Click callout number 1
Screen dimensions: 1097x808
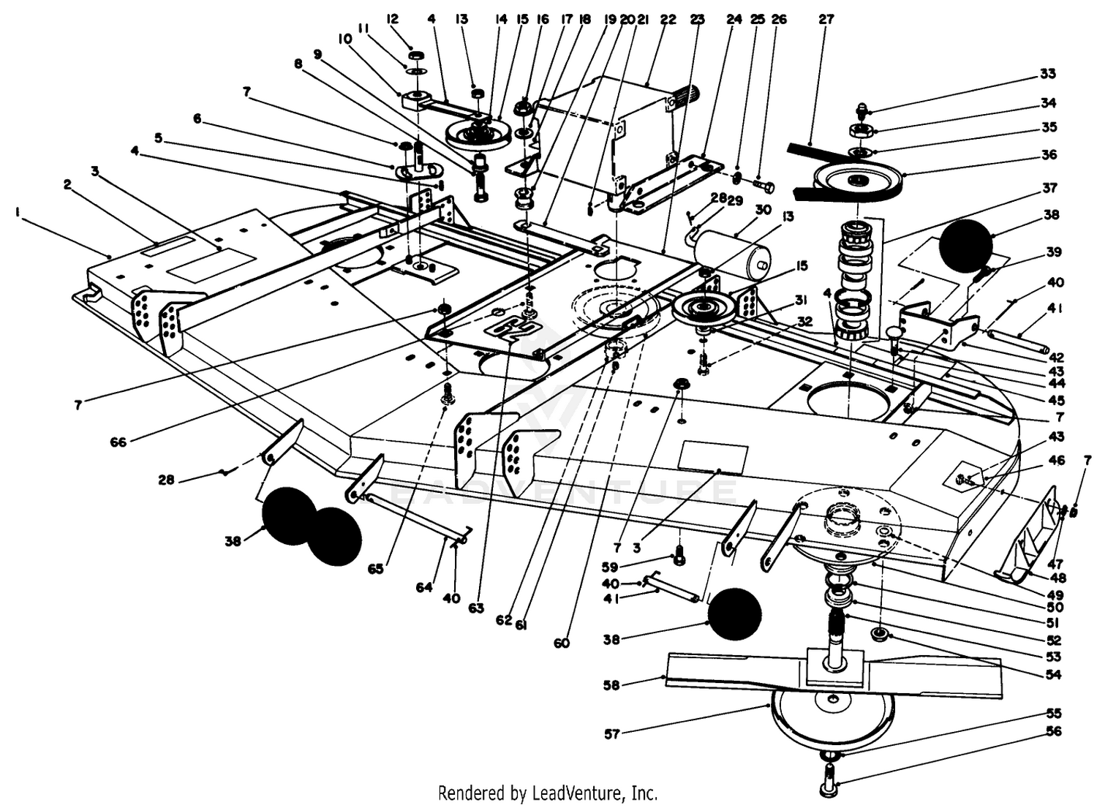[x=18, y=212]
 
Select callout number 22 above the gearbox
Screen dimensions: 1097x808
[x=668, y=20]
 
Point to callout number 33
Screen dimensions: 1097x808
[x=1048, y=74]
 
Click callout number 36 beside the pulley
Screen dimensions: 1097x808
[x=1049, y=155]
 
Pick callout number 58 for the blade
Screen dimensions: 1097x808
[x=611, y=686]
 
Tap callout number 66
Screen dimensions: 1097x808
[x=118, y=442]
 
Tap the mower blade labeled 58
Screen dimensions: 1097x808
[x=832, y=674]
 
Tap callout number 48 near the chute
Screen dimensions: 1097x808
[x=1058, y=578]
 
